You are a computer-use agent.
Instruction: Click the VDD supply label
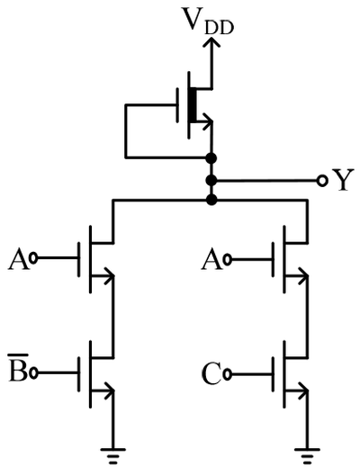(208, 21)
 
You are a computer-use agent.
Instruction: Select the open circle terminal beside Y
(322, 181)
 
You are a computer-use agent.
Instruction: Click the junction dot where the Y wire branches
(211, 181)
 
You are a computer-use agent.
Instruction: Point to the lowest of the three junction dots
(211, 200)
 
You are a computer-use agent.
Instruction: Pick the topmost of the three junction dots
(211, 157)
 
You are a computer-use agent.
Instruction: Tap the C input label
(211, 374)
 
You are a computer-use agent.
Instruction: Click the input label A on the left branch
(19, 260)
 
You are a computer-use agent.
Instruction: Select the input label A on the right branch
(211, 260)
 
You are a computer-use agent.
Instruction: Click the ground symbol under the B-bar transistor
(113, 457)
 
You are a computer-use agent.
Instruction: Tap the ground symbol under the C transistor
(307, 457)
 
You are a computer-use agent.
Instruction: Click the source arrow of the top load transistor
(203, 121)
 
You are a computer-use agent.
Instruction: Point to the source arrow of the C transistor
(298, 390)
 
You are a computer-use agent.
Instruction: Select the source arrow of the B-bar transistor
(103, 390)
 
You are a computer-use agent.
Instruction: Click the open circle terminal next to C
(227, 375)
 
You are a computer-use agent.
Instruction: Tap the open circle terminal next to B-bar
(33, 373)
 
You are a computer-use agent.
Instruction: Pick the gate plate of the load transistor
(177, 105)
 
